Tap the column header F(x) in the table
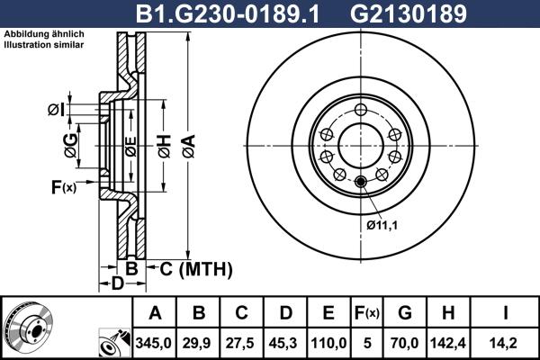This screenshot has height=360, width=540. click(x=366, y=313)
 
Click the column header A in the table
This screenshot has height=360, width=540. click(x=155, y=313)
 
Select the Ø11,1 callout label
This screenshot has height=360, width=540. click(x=382, y=224)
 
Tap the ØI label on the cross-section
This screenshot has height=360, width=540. click(x=56, y=111)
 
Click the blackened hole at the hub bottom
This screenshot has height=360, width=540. click(x=361, y=184)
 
